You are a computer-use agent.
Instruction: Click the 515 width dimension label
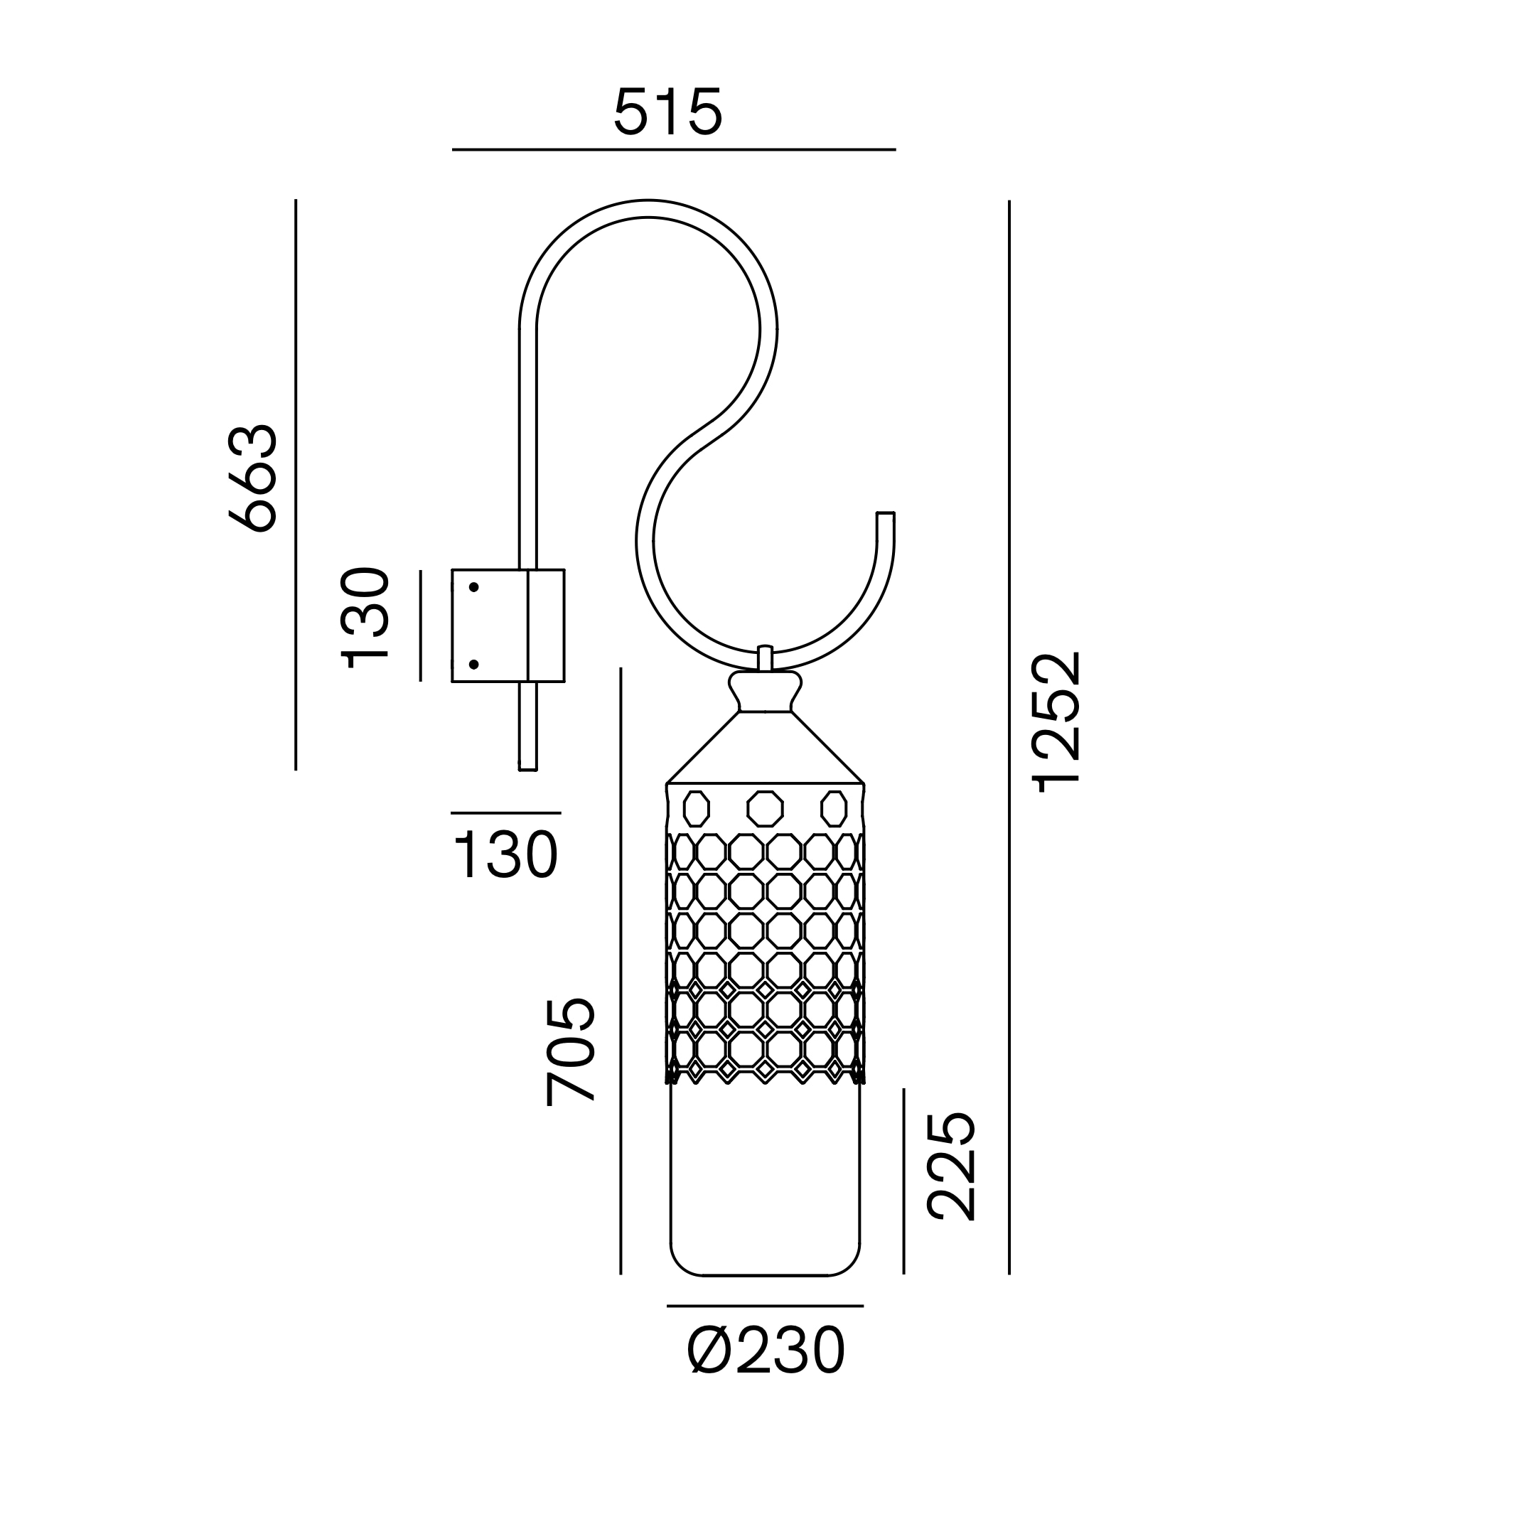tap(667, 112)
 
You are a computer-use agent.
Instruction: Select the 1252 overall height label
tap(1058, 721)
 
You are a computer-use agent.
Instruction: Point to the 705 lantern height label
tap(571, 1052)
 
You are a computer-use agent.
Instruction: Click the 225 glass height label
tap(951, 1166)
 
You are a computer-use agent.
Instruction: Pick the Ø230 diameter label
tap(766, 1351)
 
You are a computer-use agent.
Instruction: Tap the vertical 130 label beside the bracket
tap(365, 618)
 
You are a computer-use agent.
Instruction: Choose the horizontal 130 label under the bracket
tap(505, 855)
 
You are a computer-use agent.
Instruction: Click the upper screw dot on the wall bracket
tap(474, 587)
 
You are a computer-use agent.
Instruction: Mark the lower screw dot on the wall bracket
tap(474, 665)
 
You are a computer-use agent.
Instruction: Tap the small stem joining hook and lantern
tap(765, 658)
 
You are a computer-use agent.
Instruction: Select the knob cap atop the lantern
tap(765, 690)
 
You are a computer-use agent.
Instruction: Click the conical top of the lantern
tap(765, 748)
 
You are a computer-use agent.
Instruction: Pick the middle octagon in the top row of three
tap(765, 808)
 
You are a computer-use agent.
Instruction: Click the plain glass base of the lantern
tap(765, 1179)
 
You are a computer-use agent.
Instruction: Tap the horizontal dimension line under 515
tap(674, 149)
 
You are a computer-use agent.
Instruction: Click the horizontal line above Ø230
tap(765, 1306)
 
